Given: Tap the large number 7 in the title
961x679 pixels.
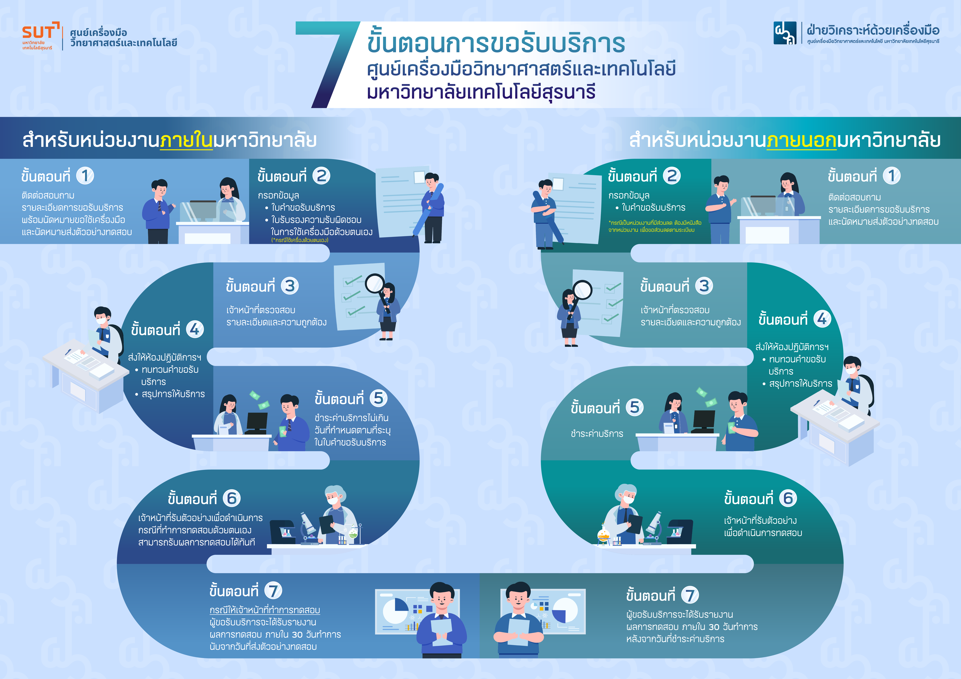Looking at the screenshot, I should coord(331,63).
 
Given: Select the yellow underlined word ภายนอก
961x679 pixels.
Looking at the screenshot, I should coord(802,140).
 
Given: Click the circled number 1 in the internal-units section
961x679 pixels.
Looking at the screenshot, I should coord(85,176).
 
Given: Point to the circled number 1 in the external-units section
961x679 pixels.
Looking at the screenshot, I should coord(892,176).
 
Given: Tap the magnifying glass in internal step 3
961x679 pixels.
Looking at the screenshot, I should coord(375,284).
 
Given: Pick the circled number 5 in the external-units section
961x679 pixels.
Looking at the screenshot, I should coord(635,407).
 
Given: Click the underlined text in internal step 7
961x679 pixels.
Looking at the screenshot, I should coord(265,610).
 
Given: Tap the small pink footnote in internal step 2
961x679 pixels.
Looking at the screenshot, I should coord(300,240).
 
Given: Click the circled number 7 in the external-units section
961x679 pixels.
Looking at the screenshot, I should coord(690,595).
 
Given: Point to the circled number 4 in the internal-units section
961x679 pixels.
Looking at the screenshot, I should coord(195,330).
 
